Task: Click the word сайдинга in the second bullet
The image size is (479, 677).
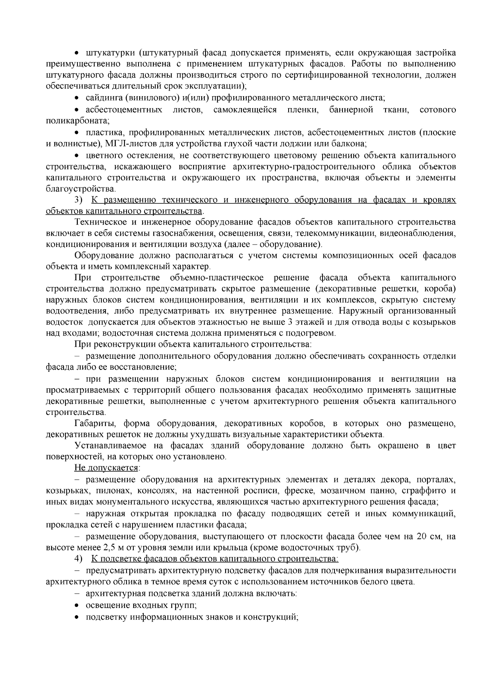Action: click(103, 98)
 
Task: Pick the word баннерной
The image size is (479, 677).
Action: click(351, 109)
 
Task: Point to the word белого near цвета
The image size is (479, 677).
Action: click(364, 582)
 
